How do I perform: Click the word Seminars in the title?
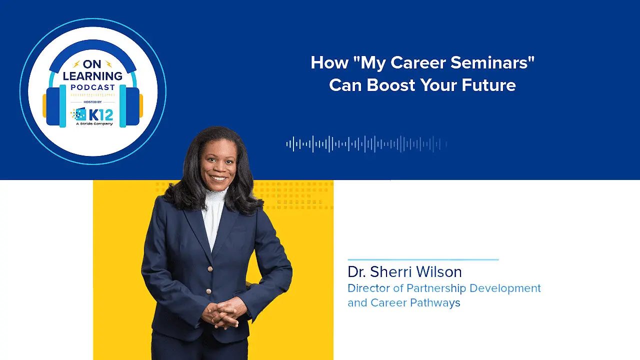click(490, 62)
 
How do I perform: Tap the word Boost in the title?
click(390, 85)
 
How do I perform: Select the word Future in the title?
click(488, 85)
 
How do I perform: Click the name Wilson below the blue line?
click(438, 271)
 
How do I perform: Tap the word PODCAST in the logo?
click(93, 87)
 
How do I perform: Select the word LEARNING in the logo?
click(92, 76)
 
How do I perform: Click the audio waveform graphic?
click(366, 144)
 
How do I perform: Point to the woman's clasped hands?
click(223, 313)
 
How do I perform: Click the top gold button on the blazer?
click(210, 269)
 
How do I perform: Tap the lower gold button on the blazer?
click(208, 291)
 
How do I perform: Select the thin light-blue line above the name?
click(423, 259)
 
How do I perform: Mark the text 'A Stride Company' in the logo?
click(94, 124)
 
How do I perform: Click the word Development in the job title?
click(505, 288)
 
